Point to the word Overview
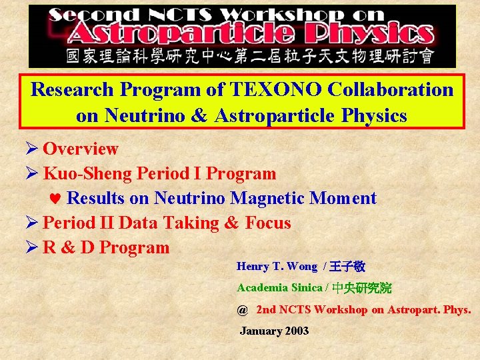point(81,149)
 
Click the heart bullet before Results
point(57,199)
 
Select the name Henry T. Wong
point(277,267)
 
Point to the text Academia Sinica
point(279,288)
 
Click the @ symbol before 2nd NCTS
point(242,310)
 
